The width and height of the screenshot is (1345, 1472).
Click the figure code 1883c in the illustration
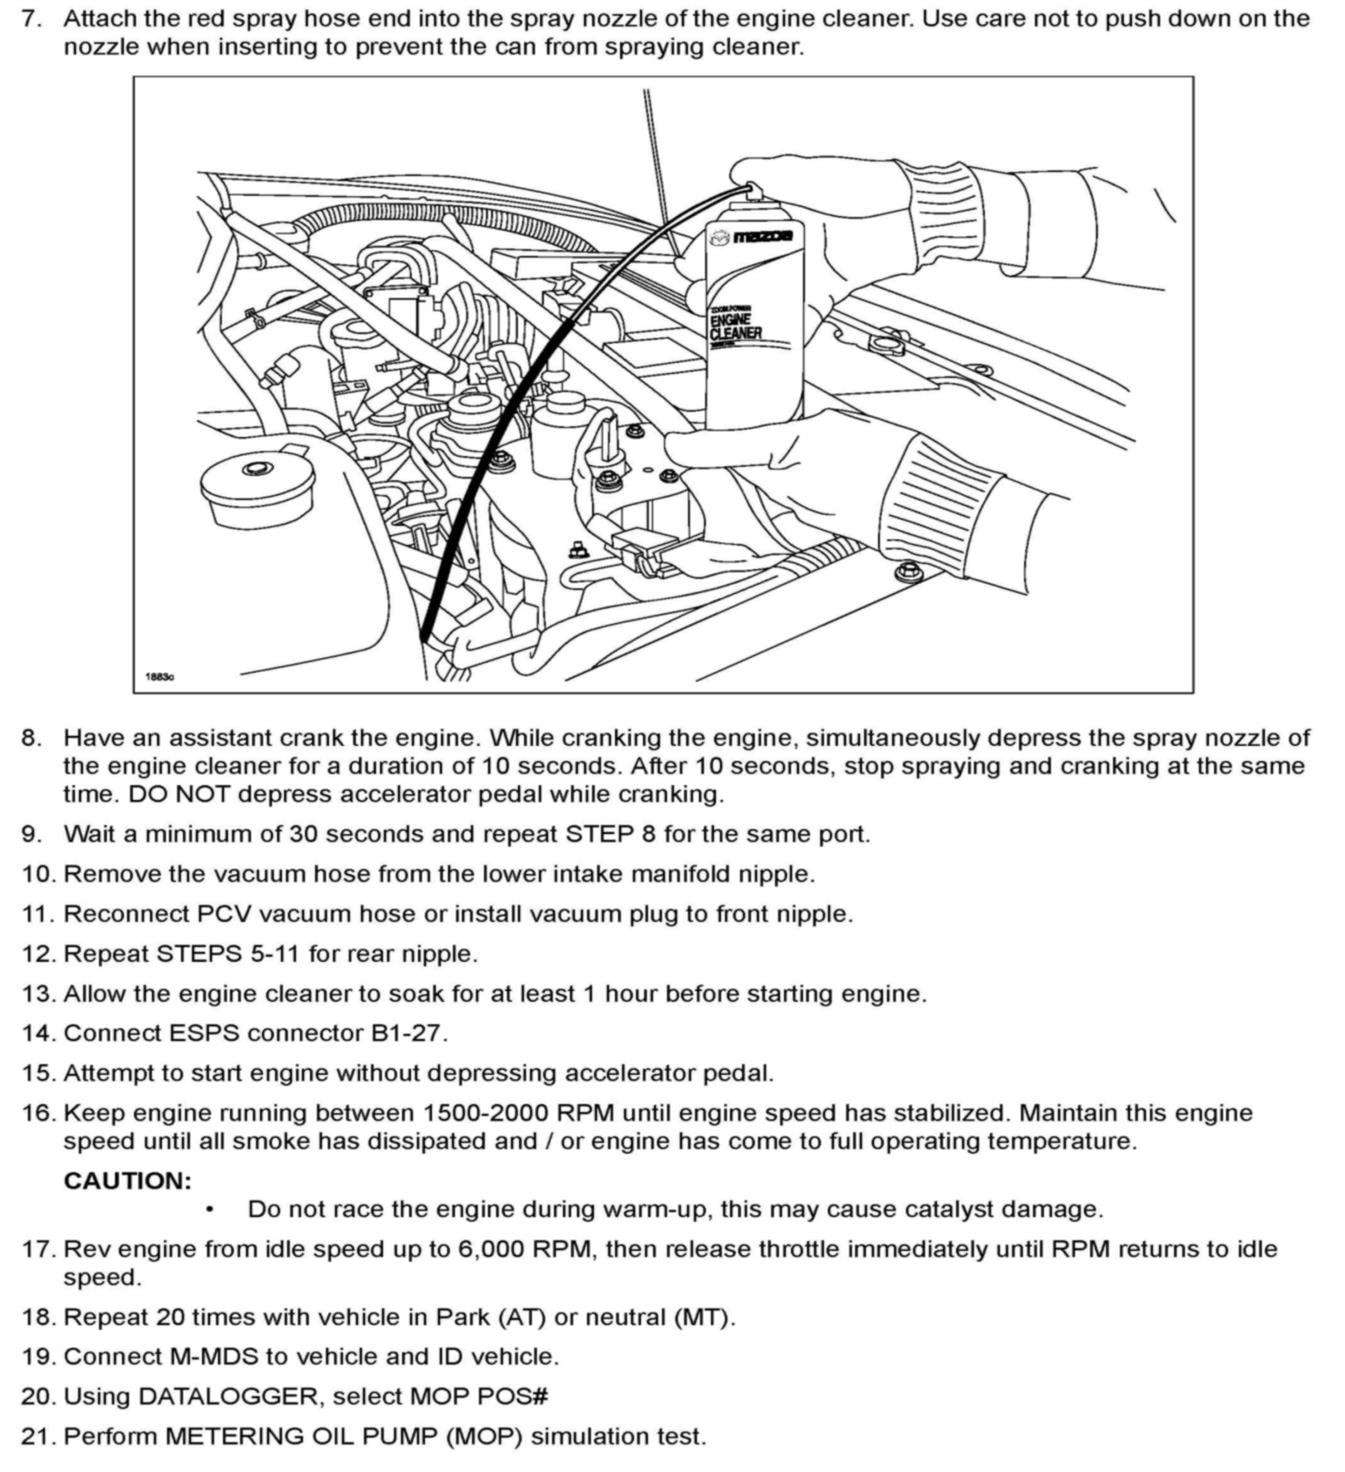pyautogui.click(x=160, y=677)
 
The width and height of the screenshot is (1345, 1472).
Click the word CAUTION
pyautogui.click(x=128, y=1180)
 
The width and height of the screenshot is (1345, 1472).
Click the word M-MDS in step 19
pyautogui.click(x=215, y=1356)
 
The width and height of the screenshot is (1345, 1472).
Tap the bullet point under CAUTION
pyautogui.click(x=210, y=1210)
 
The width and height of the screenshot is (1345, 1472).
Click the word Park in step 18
pyautogui.click(x=463, y=1316)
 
